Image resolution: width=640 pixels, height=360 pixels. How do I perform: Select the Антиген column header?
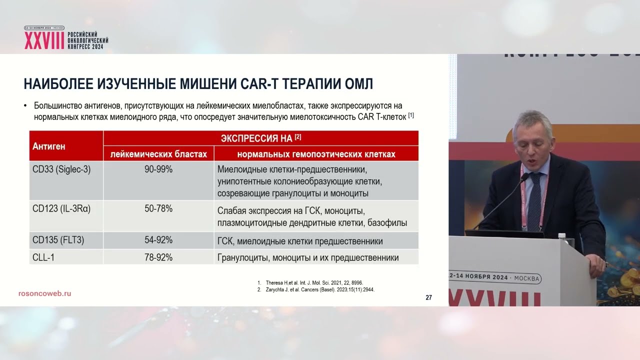(49, 146)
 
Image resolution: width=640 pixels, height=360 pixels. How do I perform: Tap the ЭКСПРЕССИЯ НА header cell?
(260, 138)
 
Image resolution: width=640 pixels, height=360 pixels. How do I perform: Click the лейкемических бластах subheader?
(158, 154)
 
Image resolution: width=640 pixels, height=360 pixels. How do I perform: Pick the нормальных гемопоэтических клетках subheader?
(316, 154)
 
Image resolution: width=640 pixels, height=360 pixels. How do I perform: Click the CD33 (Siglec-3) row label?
(61, 169)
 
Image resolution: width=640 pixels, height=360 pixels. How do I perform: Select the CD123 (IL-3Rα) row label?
(61, 209)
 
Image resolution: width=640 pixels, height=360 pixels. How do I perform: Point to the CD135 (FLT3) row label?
(58, 240)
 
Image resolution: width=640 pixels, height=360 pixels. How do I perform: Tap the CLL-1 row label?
(44, 257)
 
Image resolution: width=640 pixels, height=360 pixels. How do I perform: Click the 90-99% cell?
(158, 169)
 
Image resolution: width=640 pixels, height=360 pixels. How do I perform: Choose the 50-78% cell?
(158, 209)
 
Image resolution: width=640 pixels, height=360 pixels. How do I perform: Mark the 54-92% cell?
(158, 240)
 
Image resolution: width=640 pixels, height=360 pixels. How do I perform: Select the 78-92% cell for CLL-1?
(158, 257)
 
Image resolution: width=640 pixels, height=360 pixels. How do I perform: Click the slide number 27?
(428, 298)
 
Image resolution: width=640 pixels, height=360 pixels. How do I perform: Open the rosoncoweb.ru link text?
(44, 293)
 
